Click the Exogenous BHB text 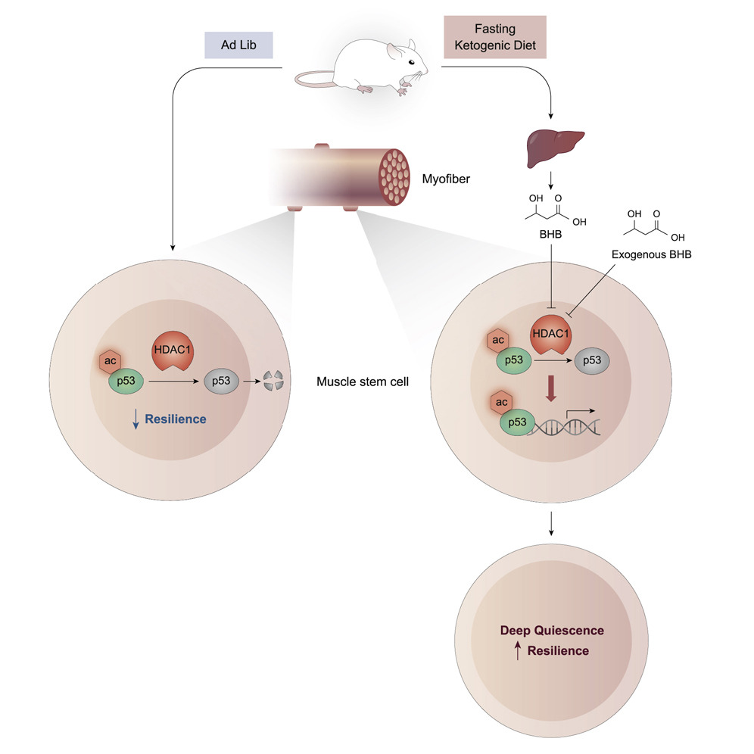tap(651, 254)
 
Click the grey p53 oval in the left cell tap(221, 381)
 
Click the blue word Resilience tap(176, 418)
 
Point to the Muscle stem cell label tap(363, 382)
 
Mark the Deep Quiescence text tap(552, 630)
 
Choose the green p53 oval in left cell tap(128, 381)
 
